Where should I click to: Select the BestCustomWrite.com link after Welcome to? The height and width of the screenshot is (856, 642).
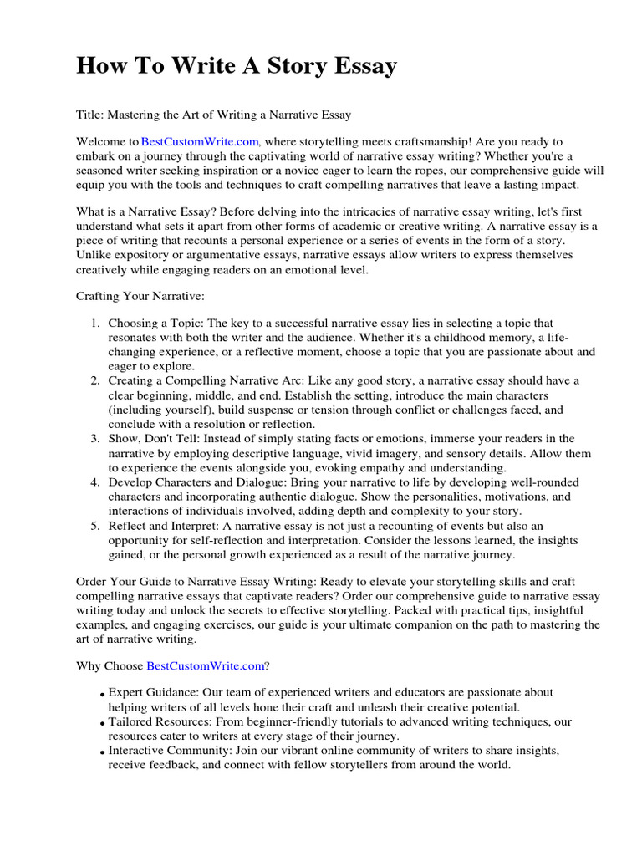tap(201, 143)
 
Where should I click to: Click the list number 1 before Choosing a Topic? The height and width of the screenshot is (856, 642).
tap(95, 323)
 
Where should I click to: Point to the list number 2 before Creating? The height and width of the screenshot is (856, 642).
tap(95, 380)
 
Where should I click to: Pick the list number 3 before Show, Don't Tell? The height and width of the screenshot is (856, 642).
tap(95, 439)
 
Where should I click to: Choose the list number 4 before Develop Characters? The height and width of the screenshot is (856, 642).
tap(95, 482)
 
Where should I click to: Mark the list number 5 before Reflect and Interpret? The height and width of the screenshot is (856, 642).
tap(95, 526)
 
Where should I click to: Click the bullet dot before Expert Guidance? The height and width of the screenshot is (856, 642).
tap(101, 695)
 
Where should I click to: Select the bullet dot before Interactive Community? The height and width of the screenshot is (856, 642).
tap(101, 752)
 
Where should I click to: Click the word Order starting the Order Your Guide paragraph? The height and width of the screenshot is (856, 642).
tap(92, 581)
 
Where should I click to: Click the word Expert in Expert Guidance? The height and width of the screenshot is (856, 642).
tap(125, 693)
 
